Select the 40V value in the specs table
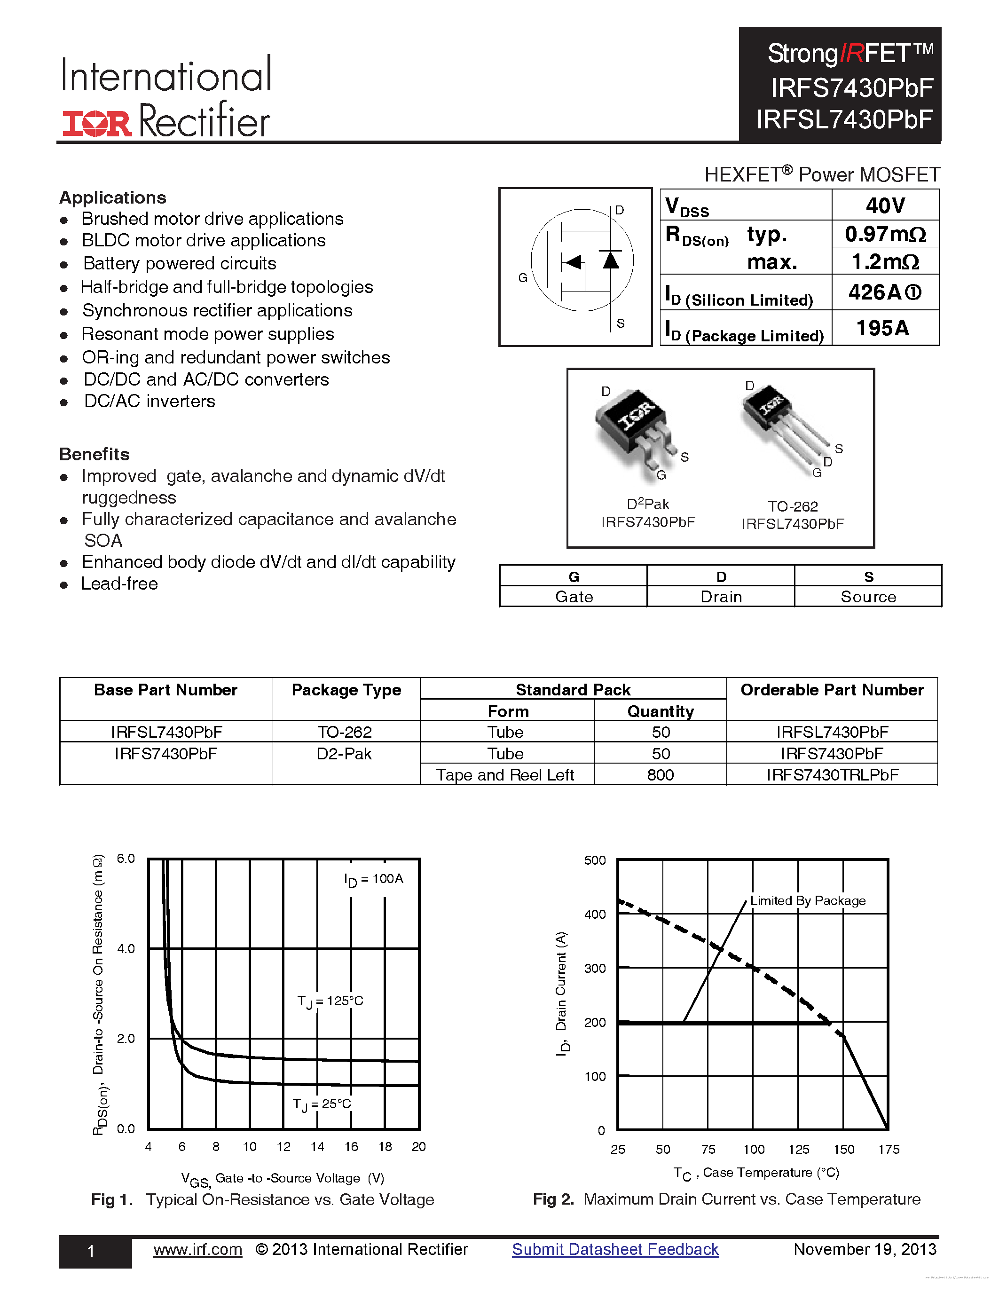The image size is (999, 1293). pyautogui.click(x=885, y=205)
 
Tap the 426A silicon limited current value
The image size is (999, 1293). pyautogui.click(x=884, y=292)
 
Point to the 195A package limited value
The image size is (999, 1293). pyautogui.click(x=882, y=328)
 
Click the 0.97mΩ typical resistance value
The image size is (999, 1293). pyautogui.click(x=885, y=235)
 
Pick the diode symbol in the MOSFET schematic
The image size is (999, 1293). pyautogui.click(x=611, y=260)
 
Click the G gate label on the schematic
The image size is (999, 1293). pyautogui.click(x=523, y=278)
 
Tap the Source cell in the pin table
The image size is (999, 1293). pyautogui.click(x=868, y=597)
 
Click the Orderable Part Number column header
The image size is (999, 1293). pyautogui.click(x=832, y=690)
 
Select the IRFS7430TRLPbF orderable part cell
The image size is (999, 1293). pyautogui.click(x=832, y=775)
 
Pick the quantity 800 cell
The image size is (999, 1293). pyautogui.click(x=661, y=775)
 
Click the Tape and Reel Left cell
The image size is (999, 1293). pyautogui.click(x=505, y=775)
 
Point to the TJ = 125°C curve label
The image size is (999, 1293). pyautogui.click(x=330, y=1001)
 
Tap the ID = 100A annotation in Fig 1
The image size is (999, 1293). pyautogui.click(x=373, y=879)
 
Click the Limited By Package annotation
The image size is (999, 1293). pyautogui.click(x=807, y=900)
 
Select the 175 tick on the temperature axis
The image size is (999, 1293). pyautogui.click(x=889, y=1149)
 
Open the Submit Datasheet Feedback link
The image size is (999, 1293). pyautogui.click(x=615, y=1249)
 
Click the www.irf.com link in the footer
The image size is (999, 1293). pyautogui.click(x=197, y=1249)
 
